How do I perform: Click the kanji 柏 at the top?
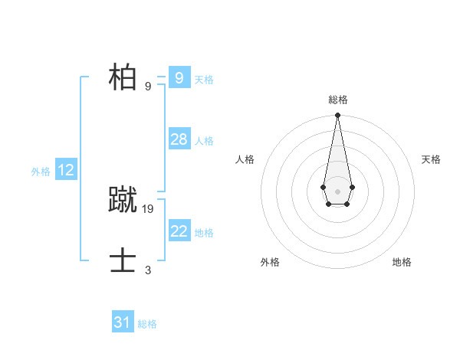tap(123, 78)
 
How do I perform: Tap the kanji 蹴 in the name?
tap(123, 201)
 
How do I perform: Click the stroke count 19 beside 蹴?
tap(148, 208)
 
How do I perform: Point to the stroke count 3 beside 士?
tap(148, 270)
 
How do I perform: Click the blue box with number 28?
tap(179, 139)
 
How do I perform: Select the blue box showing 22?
tap(179, 231)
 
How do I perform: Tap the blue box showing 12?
tap(66, 171)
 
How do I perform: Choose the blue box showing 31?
tap(123, 322)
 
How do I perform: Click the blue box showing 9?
tap(179, 78)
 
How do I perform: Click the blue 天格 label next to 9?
tap(204, 80)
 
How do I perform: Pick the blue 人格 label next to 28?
tap(204, 141)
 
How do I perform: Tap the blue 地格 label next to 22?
tap(204, 233)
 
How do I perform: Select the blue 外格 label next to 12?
tap(41, 172)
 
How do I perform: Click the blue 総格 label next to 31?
tap(147, 324)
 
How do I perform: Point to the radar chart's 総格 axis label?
tap(337, 100)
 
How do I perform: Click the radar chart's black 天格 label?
tap(431, 159)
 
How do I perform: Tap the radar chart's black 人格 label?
tap(245, 159)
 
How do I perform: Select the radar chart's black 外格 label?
tap(270, 262)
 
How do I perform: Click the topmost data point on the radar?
tap(337, 116)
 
